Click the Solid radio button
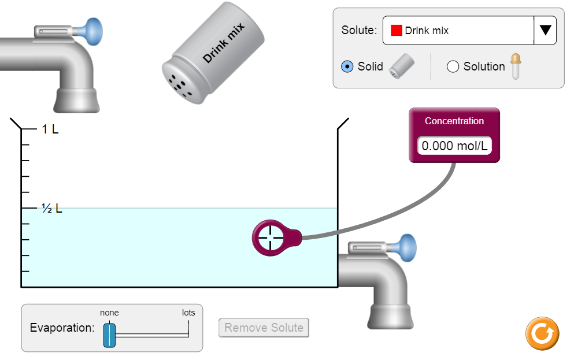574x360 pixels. click(347, 66)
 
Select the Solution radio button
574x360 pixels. click(453, 66)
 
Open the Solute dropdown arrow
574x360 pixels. click(545, 31)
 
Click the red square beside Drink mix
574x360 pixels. click(397, 31)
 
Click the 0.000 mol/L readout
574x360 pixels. click(454, 146)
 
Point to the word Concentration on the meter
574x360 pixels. click(454, 121)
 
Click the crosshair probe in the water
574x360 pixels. click(269, 237)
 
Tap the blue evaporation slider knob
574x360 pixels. click(109, 335)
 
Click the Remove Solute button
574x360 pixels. click(264, 328)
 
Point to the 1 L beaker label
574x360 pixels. click(50, 129)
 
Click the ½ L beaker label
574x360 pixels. click(51, 209)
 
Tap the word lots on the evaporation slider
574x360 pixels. click(188, 313)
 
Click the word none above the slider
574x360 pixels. click(109, 313)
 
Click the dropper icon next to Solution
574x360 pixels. click(514, 66)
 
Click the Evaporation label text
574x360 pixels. click(62, 328)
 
